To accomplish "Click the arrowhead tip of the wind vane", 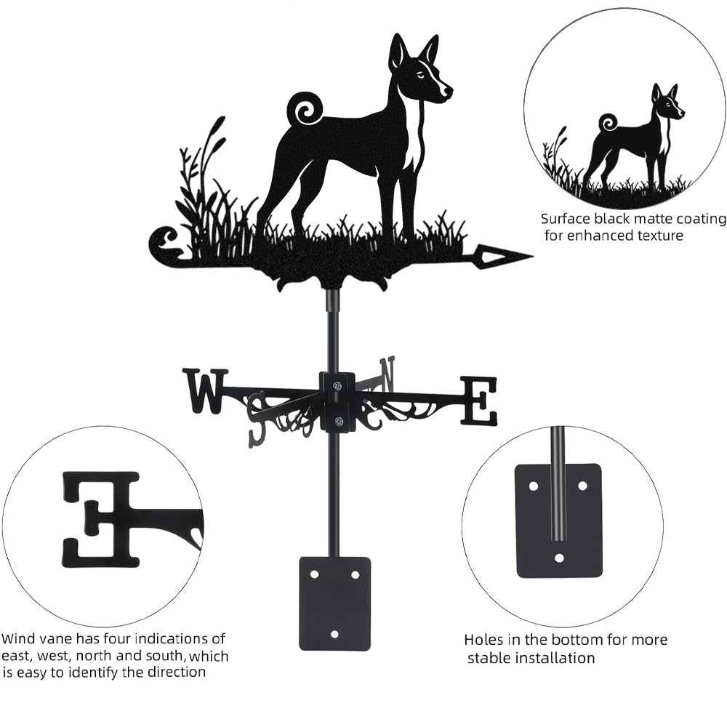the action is point(532,256).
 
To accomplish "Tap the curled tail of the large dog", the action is point(304,110).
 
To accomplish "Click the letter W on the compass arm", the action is point(206,390).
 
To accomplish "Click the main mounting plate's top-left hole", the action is point(315,574).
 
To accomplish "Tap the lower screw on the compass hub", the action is point(338,421).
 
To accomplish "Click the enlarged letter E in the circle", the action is point(100,519).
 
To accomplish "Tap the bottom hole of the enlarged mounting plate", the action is point(559,557).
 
